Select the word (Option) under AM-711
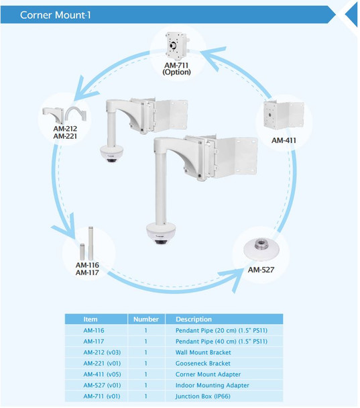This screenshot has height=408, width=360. click(178, 72)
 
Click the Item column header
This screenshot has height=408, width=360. click(91, 319)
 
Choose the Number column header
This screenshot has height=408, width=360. click(145, 319)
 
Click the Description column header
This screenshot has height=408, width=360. click(193, 319)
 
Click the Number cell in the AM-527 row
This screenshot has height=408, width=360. click(145, 385)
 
